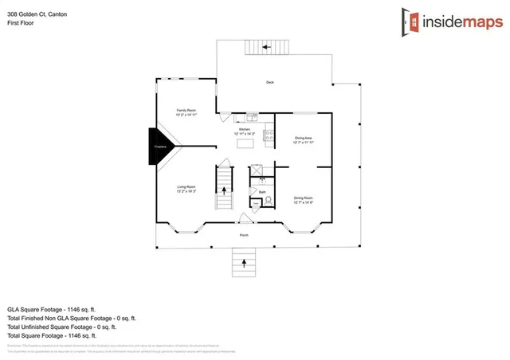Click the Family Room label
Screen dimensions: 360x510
click(x=186, y=112)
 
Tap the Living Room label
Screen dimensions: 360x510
click(x=186, y=188)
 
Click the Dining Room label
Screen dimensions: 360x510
click(x=304, y=199)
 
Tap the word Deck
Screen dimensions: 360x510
click(x=271, y=82)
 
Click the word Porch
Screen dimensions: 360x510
click(x=245, y=235)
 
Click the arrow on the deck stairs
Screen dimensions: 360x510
click(x=267, y=47)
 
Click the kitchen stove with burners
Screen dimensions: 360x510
click(x=268, y=134)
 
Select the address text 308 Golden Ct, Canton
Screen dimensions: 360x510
click(x=38, y=14)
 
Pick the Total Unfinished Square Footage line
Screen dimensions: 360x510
click(x=62, y=327)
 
